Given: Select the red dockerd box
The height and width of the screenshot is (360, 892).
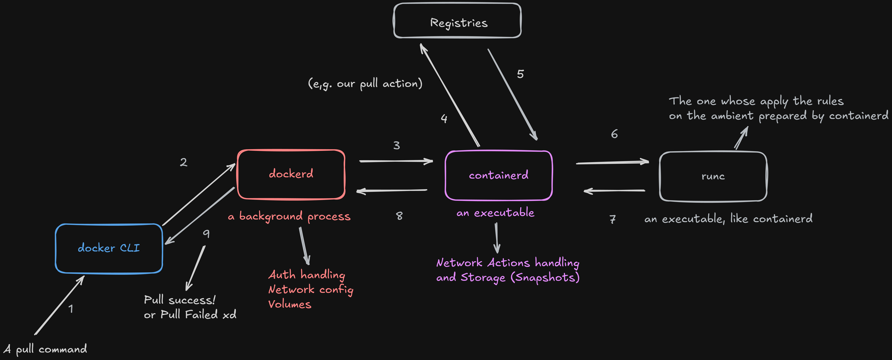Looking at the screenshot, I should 291,174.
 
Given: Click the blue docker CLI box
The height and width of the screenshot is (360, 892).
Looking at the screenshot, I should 109,248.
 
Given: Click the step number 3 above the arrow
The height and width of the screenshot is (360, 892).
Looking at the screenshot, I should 396,145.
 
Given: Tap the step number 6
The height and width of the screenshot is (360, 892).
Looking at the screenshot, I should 614,134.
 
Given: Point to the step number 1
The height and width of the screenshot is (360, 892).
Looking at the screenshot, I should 71,309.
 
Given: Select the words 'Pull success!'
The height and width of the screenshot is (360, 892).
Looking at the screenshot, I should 179,300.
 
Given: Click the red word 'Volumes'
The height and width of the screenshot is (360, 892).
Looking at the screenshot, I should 290,304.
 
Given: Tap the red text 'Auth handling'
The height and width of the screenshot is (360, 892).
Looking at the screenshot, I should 306,275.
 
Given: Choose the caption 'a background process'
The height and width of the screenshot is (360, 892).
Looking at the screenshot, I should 289,216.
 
